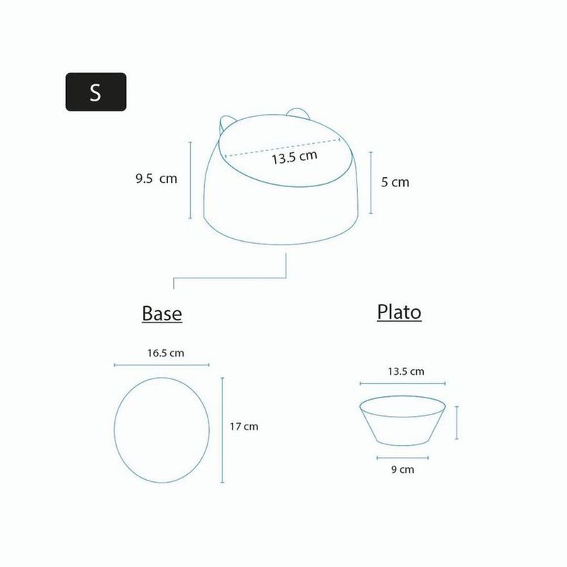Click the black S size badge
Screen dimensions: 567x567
tap(96, 92)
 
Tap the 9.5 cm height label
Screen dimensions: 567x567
tap(156, 179)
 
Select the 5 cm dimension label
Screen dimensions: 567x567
tap(395, 182)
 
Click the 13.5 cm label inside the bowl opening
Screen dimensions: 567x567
tap(294, 157)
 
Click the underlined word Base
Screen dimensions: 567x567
tap(162, 314)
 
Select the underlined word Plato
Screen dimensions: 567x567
tap(399, 312)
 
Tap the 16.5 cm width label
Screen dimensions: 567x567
tap(166, 353)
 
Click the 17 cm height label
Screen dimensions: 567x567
tap(244, 427)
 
